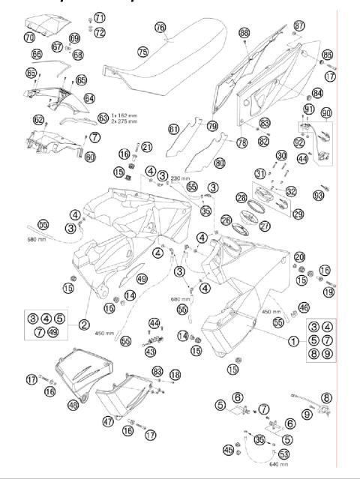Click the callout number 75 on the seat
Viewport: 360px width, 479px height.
(142, 51)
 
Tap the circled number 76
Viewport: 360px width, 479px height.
(160, 27)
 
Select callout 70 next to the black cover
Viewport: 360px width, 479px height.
(29, 37)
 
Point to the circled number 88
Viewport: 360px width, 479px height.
(244, 33)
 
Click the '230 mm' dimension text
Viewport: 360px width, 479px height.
(181, 178)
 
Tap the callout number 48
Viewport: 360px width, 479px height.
(73, 405)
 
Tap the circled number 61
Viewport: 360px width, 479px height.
(174, 130)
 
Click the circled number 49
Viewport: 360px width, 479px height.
(141, 280)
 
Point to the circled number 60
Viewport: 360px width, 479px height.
(89, 157)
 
